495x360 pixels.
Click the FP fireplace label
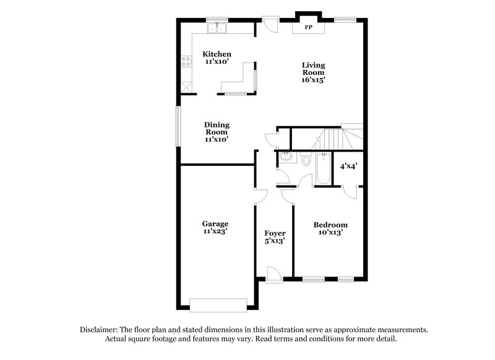(308, 28)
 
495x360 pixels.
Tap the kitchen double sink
(217, 28)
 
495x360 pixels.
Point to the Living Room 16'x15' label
(313, 72)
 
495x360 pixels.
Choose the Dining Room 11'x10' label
(217, 132)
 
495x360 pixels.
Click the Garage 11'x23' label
(215, 228)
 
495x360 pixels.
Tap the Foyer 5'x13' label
(274, 237)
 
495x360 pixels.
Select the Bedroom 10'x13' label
(330, 229)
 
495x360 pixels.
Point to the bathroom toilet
(306, 160)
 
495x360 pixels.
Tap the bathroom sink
(285, 158)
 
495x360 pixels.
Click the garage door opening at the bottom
(218, 304)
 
